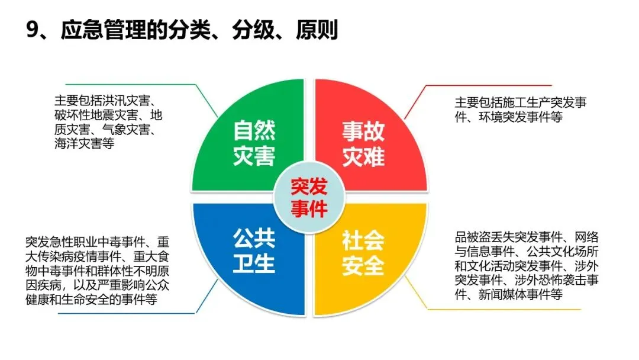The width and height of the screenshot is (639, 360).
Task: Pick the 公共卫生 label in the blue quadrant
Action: click(254, 251)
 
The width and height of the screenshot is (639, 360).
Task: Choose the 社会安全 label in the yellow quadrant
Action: click(363, 251)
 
